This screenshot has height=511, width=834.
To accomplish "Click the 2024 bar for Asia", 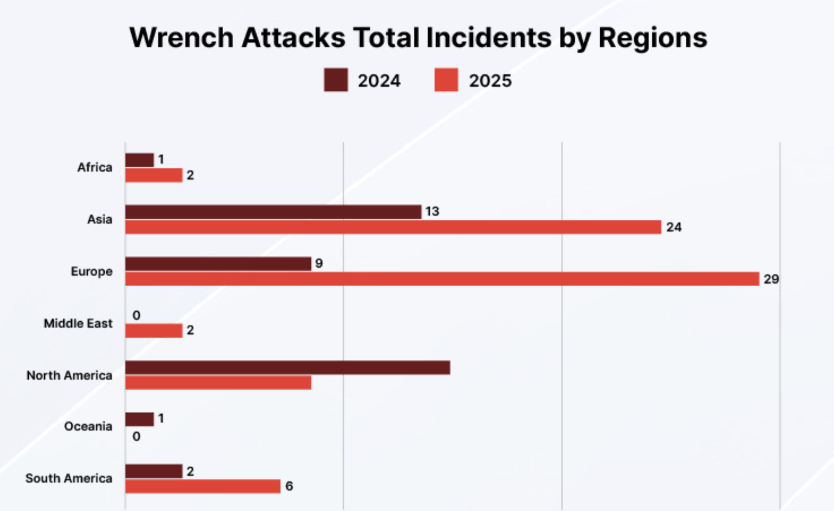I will point(273,212).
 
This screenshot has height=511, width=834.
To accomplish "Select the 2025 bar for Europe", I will point(442,279).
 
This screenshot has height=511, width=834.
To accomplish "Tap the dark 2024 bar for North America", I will point(288,368).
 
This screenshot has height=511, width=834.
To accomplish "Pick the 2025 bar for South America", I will point(203,486).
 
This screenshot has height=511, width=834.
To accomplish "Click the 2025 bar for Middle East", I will point(154,331).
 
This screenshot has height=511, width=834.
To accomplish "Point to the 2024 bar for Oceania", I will point(139,419).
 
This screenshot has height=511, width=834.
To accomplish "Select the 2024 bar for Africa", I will point(139,160).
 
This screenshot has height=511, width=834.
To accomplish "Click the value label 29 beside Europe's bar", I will point(771,279).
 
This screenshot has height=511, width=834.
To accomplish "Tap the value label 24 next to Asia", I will point(674,227).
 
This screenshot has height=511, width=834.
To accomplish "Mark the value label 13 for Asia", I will point(432,211).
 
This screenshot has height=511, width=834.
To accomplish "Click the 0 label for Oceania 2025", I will point(136,437).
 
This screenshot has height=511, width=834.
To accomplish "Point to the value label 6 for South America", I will point(289,486).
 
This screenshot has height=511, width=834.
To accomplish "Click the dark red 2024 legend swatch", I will point(336,80).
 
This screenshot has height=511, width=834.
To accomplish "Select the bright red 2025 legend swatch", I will point(446,80).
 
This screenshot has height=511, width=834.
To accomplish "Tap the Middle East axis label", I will point(78,323).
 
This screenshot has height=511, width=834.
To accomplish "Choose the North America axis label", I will point(69,376).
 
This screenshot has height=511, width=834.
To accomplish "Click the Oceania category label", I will point(88,426).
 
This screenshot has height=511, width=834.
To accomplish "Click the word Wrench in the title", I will point(181,38).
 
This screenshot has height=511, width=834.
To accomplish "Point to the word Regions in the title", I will point(653,38).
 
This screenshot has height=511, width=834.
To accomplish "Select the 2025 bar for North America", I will point(218,383).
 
